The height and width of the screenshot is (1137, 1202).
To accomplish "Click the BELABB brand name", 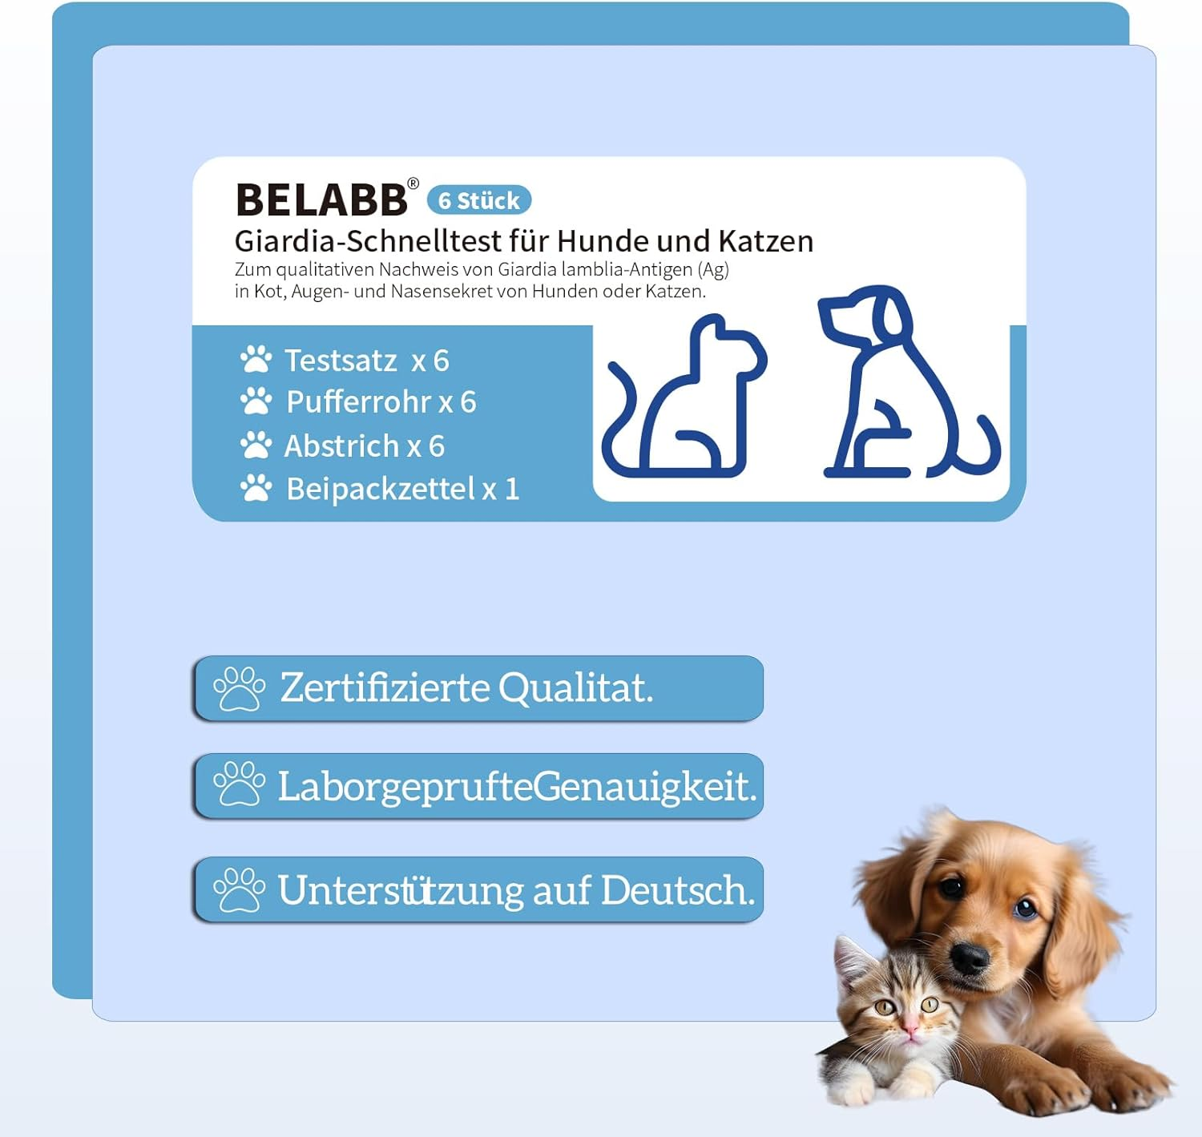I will (x=321, y=200).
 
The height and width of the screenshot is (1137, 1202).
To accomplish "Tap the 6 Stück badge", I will (x=479, y=200).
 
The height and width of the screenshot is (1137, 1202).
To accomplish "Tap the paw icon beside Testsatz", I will (x=256, y=360).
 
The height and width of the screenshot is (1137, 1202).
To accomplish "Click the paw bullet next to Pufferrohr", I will (x=256, y=401).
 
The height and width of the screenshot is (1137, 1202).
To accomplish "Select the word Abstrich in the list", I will (x=341, y=446).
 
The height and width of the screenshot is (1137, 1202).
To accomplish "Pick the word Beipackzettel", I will (x=381, y=489).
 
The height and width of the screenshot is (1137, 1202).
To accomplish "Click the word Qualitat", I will (x=575, y=688).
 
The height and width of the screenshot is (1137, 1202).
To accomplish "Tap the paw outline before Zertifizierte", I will (x=239, y=688).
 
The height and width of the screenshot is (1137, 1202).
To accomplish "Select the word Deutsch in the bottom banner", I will (x=677, y=890).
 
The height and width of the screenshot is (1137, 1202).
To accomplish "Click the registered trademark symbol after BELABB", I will (x=413, y=183).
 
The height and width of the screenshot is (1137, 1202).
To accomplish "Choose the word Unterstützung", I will (x=400, y=890).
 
